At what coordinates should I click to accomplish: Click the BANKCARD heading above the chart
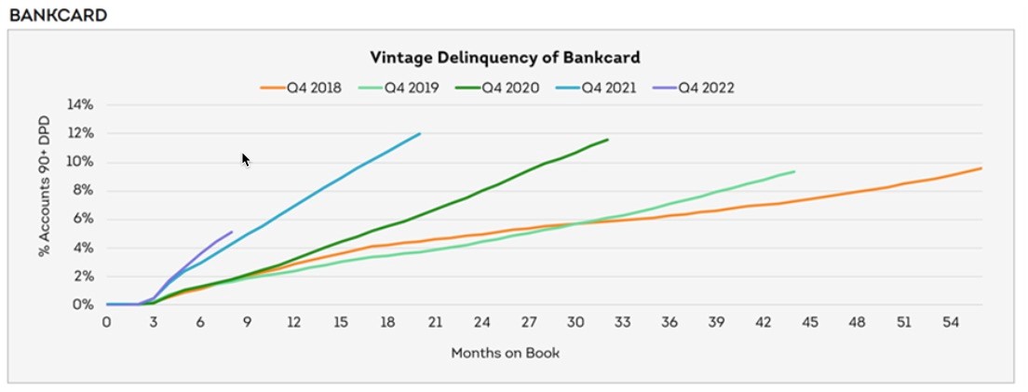click(x=57, y=15)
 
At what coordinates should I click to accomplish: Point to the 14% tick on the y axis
click(x=81, y=104)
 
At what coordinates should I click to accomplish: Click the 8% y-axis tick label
click(x=84, y=190)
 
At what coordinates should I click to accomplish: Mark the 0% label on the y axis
click(x=84, y=304)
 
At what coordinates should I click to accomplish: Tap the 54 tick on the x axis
click(x=951, y=322)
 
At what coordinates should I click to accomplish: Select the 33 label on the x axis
click(x=622, y=322)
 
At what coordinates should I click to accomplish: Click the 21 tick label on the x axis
click(x=435, y=322)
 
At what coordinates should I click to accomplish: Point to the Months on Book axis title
click(x=506, y=353)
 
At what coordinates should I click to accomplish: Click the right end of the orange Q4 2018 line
click(x=981, y=168)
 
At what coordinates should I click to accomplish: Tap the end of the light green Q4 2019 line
click(x=794, y=170)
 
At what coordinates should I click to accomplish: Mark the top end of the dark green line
click(x=607, y=140)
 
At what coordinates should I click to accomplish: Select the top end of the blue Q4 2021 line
click(x=420, y=133)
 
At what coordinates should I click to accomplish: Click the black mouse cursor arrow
click(x=246, y=160)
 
